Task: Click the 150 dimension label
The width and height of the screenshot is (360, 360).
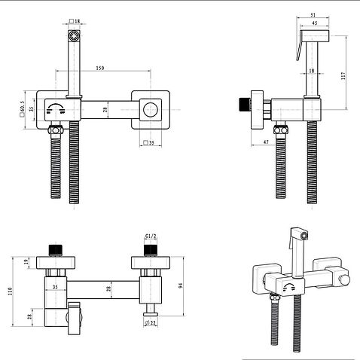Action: click(100, 68)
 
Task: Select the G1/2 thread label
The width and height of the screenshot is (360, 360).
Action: click(151, 236)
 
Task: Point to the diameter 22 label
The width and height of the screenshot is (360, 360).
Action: click(151, 323)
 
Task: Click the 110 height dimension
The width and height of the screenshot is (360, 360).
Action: click(11, 291)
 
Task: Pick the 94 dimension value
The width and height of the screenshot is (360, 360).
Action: click(180, 285)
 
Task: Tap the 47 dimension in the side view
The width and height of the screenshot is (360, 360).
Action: click(266, 142)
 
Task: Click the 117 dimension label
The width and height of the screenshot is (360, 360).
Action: click(343, 75)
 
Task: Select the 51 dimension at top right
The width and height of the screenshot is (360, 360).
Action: click(313, 15)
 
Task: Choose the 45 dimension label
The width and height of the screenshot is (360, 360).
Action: click(314, 23)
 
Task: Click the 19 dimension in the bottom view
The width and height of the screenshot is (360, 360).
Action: click(26, 262)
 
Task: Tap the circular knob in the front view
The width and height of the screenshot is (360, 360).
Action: click(151, 110)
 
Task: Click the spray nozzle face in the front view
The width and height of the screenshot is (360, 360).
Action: click(74, 35)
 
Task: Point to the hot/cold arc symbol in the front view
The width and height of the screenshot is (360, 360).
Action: click(55, 108)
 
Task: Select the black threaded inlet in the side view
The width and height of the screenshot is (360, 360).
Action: click(244, 104)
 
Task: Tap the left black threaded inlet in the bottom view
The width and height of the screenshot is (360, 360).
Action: click(55, 250)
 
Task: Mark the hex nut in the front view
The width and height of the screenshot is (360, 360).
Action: click(56, 130)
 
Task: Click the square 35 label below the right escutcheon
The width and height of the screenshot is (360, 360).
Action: click(149, 143)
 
